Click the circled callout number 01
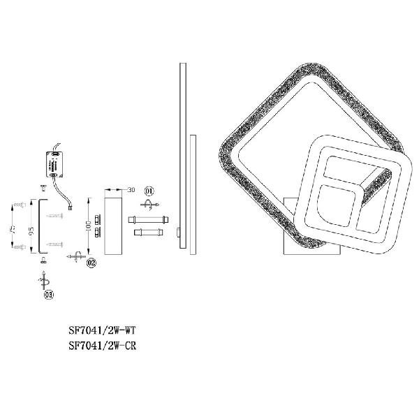point(149,191)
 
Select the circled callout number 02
point(91,263)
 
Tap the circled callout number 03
point(49,295)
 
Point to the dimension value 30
point(131,190)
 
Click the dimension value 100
point(89,226)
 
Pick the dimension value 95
point(31,230)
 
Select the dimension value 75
point(13,229)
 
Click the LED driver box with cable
point(54,165)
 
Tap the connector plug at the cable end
point(71,207)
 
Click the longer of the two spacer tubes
point(148,220)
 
